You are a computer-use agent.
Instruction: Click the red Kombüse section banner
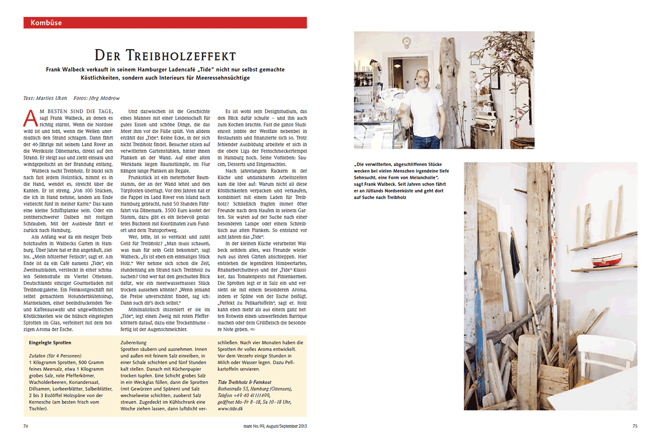click(165, 23)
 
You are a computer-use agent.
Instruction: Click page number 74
click(26, 426)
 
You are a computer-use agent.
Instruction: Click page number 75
click(635, 426)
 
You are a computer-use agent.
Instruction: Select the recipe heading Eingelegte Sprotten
click(50, 343)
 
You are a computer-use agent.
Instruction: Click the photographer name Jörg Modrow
click(104, 98)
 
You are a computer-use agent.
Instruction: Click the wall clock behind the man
click(407, 42)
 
